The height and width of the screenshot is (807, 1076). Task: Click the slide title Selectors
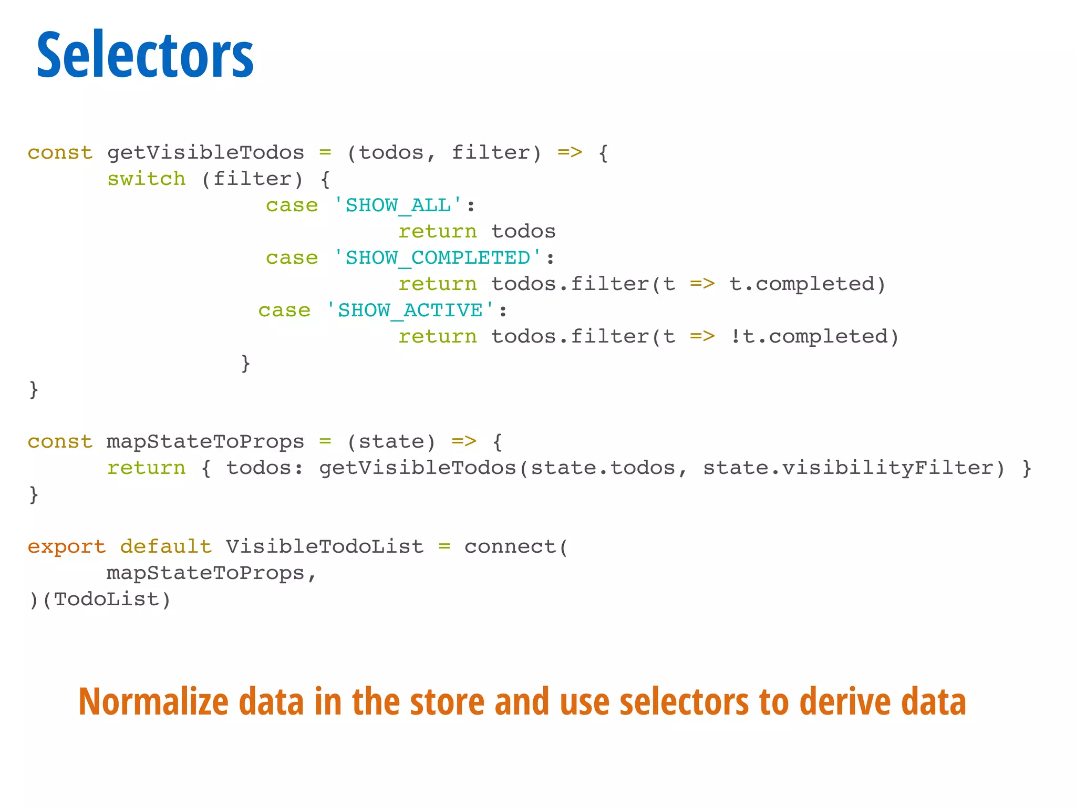(145, 55)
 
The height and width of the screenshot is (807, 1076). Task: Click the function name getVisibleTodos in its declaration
(205, 152)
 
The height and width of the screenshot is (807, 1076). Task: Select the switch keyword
(146, 179)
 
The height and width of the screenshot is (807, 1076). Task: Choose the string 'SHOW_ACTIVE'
(410, 310)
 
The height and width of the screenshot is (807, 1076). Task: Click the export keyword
(67, 547)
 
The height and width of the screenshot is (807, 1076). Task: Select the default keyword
(166, 546)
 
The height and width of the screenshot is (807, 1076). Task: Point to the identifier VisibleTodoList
(325, 546)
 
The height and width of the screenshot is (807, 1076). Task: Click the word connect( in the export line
(516, 546)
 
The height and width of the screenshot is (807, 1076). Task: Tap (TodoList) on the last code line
(107, 599)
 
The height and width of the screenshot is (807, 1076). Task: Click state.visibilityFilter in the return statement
(847, 468)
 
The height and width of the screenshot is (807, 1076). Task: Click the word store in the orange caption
(447, 702)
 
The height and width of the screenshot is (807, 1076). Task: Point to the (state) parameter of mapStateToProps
(391, 441)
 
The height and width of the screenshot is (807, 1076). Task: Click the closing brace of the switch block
(245, 363)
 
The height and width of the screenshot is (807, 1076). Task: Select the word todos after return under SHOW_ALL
(523, 231)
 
